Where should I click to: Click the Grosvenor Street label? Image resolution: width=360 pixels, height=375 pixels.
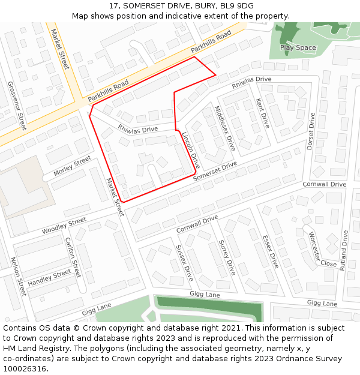16,106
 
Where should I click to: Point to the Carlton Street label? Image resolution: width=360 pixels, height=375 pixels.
73,257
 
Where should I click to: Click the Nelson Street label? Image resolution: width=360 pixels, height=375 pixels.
19,277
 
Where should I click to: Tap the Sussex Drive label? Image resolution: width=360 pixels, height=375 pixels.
184,263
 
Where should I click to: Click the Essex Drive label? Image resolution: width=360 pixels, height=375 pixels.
271,251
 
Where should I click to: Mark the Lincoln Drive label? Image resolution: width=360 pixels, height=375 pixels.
191,150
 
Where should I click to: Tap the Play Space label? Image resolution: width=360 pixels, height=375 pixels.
298,47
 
